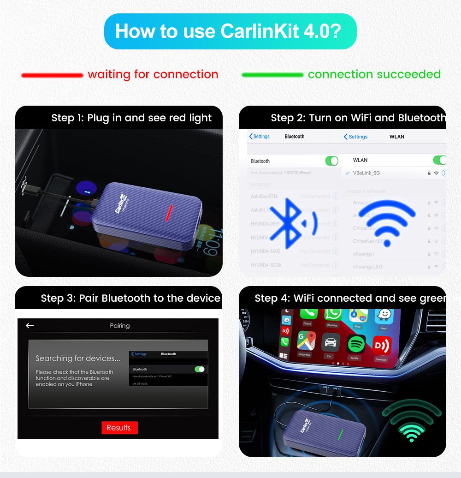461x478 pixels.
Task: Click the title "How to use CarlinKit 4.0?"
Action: (x=228, y=31)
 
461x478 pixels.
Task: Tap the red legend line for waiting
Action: (x=52, y=75)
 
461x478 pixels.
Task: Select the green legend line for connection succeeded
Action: (x=272, y=75)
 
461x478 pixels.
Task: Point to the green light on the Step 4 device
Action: (x=340, y=434)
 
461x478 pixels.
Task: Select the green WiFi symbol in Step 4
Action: (x=411, y=421)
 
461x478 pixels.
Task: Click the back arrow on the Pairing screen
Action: (x=30, y=326)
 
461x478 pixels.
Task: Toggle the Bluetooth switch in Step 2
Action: (x=331, y=161)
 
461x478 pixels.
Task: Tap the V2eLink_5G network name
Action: (x=366, y=173)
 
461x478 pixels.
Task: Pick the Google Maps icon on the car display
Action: (x=304, y=342)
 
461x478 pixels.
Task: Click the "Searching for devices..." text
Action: (x=78, y=358)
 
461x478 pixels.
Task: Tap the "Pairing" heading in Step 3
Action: (x=120, y=326)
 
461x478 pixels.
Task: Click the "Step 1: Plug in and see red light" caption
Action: (x=131, y=118)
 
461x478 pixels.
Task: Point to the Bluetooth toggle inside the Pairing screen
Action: (x=200, y=369)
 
